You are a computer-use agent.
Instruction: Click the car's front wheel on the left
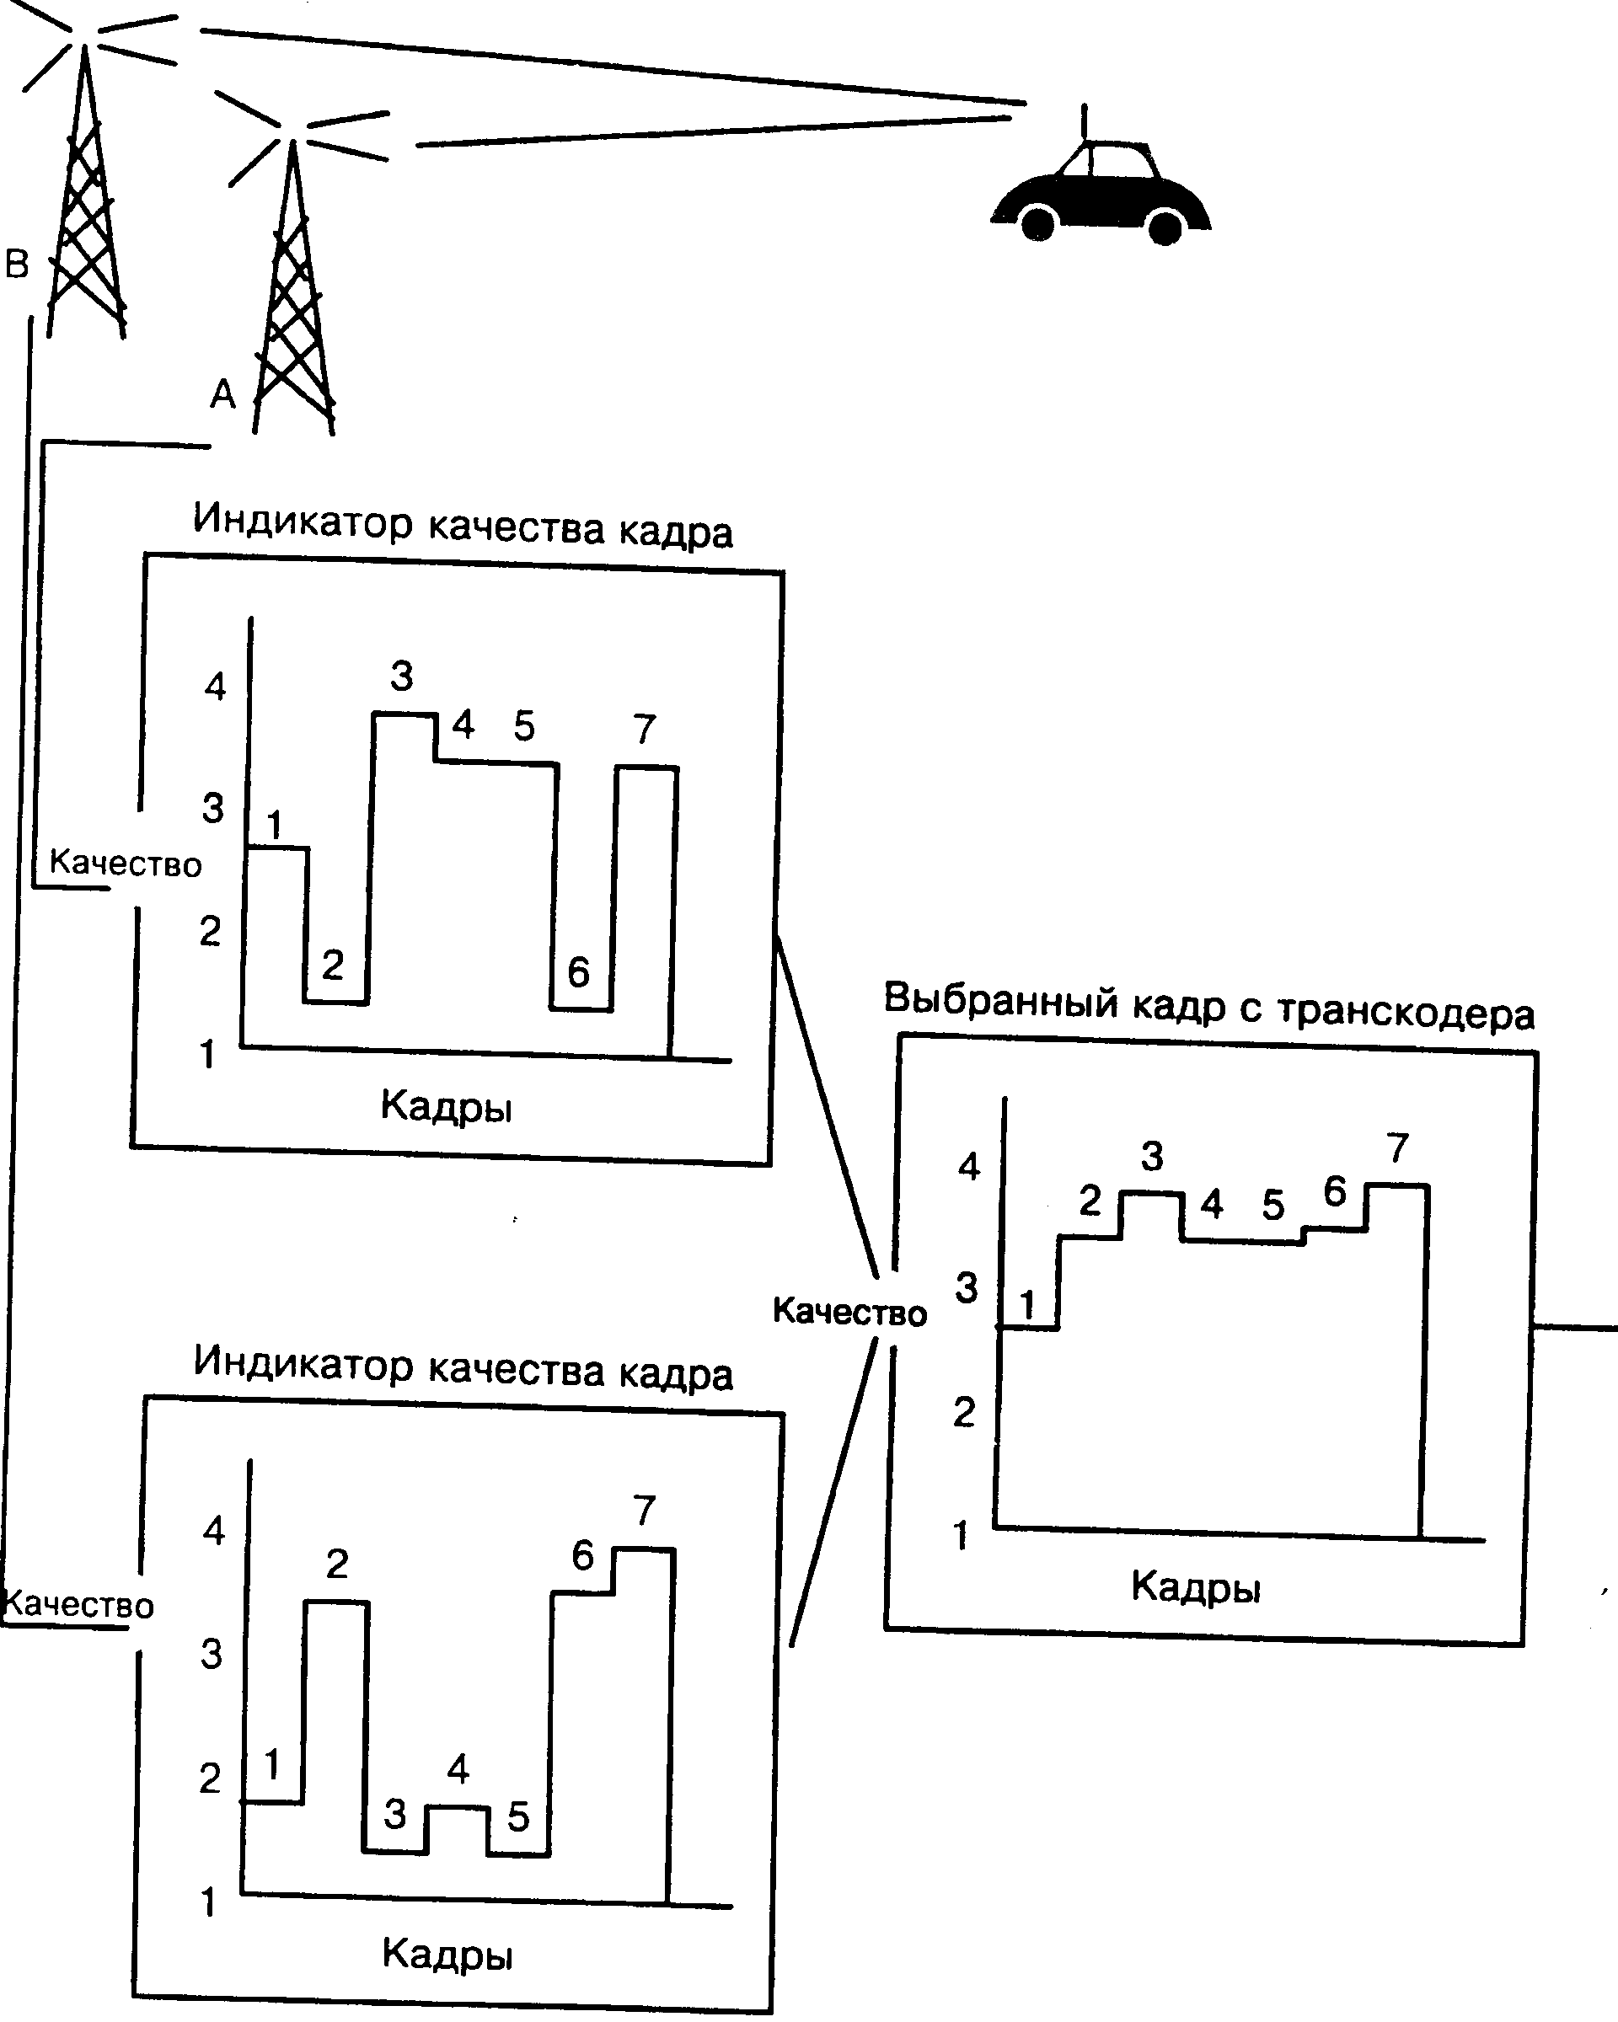(x=1037, y=223)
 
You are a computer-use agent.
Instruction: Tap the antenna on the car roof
(x=1085, y=127)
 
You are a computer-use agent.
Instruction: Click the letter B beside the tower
(x=18, y=265)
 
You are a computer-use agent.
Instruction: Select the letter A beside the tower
(x=222, y=394)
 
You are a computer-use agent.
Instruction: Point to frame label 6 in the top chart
(x=579, y=972)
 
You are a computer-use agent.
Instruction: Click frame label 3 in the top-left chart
(x=401, y=675)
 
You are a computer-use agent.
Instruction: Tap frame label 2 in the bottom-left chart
(x=337, y=1564)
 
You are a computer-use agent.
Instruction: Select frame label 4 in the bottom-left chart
(x=458, y=1768)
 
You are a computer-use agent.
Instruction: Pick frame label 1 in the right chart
(x=1028, y=1304)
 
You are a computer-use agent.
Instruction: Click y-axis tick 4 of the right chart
(x=969, y=1167)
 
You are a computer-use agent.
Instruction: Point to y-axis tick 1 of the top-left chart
(x=208, y=1054)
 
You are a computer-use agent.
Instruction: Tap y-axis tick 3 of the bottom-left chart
(x=212, y=1655)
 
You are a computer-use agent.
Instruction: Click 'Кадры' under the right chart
(x=1196, y=1586)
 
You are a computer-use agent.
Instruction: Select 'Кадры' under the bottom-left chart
(x=447, y=1954)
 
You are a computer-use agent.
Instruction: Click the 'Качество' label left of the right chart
(x=849, y=1312)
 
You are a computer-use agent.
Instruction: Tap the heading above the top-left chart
(x=463, y=525)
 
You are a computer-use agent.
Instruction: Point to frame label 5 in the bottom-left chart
(x=519, y=1816)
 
